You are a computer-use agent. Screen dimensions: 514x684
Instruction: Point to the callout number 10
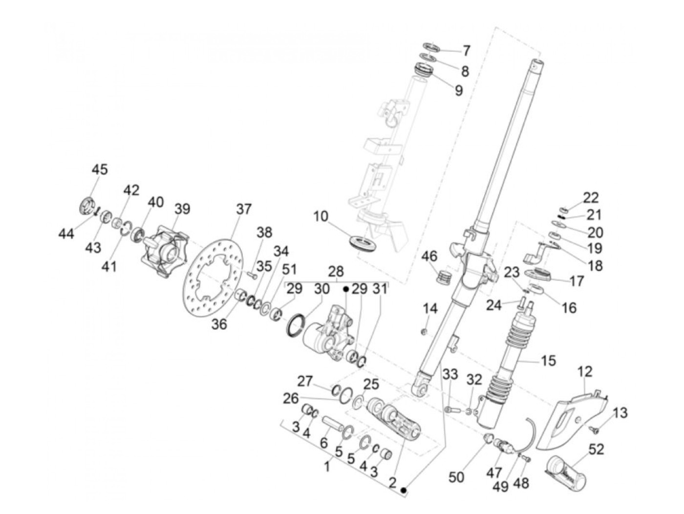(x=321, y=216)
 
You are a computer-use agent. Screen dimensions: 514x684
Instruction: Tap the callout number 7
(x=466, y=50)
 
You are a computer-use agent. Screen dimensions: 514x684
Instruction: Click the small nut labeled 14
(x=425, y=332)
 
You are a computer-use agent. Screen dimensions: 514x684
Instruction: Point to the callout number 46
(x=430, y=256)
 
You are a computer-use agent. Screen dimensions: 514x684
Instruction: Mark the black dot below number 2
(x=404, y=490)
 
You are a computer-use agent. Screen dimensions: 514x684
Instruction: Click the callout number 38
(x=264, y=233)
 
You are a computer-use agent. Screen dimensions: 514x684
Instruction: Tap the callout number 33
(x=450, y=375)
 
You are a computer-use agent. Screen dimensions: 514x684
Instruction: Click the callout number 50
(x=456, y=477)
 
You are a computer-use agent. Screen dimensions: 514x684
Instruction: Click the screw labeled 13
(x=596, y=429)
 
